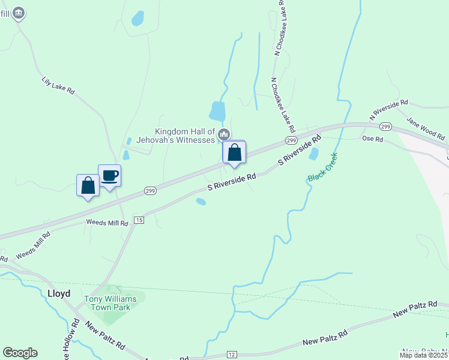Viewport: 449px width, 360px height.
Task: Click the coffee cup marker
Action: (x=109, y=176)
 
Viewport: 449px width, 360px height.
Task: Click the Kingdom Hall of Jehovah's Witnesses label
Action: (x=184, y=136)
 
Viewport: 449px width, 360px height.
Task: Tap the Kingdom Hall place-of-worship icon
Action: (x=224, y=133)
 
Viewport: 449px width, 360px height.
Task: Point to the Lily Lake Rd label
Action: (x=58, y=85)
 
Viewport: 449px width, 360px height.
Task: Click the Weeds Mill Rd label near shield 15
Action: (x=107, y=223)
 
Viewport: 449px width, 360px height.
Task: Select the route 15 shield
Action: (x=139, y=220)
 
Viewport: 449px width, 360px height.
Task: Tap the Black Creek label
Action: (x=323, y=167)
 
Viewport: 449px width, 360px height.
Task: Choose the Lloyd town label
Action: (x=59, y=293)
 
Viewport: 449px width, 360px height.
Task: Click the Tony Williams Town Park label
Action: (x=110, y=303)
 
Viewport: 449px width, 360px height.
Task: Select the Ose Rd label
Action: (x=372, y=139)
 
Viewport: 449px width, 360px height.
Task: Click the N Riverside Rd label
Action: (x=388, y=110)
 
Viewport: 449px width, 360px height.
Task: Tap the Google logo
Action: (x=20, y=353)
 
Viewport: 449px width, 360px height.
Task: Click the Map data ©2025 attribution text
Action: (x=423, y=355)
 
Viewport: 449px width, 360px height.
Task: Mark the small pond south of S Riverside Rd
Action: (x=201, y=202)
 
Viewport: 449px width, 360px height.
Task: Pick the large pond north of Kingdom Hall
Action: (x=217, y=111)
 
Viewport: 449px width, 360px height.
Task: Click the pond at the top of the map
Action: (x=138, y=18)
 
